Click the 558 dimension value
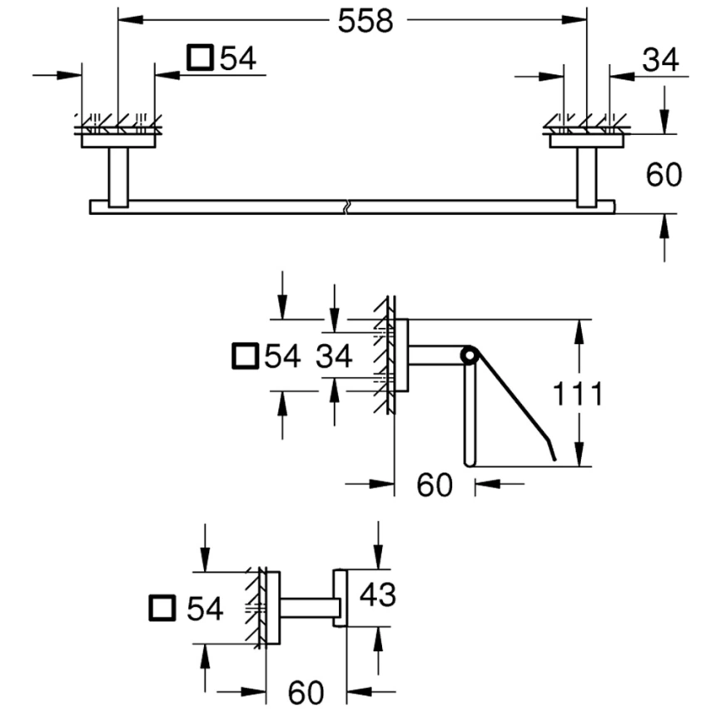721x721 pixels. pyautogui.click(x=365, y=22)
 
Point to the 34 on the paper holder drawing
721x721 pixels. pyautogui.click(x=334, y=357)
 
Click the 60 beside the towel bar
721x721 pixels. pyautogui.click(x=663, y=175)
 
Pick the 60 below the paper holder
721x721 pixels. pyautogui.click(x=434, y=485)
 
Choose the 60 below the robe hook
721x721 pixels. pyautogui.click(x=307, y=690)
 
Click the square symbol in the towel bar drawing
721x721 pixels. pyautogui.click(x=200, y=58)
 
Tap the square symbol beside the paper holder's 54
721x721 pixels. pyautogui.click(x=244, y=356)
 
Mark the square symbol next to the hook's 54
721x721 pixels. pyautogui.click(x=162, y=609)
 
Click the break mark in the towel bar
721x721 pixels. pyautogui.click(x=347, y=206)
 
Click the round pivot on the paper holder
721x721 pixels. pyautogui.click(x=470, y=356)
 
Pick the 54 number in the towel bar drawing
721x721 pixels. pyautogui.click(x=237, y=58)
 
